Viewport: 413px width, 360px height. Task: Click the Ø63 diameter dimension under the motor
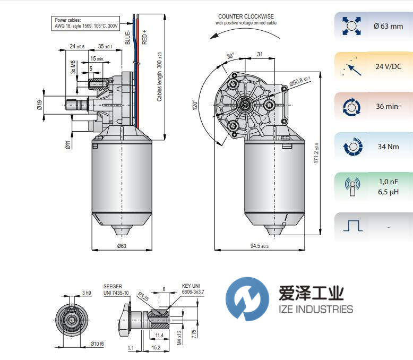click(x=122, y=245)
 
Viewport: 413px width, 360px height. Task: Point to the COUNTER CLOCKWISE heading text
click(x=246, y=16)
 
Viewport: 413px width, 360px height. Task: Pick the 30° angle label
click(x=230, y=56)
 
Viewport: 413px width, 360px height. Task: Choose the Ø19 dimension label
click(x=40, y=104)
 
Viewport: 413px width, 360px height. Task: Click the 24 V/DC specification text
click(x=389, y=67)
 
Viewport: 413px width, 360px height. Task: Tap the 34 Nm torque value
click(x=389, y=147)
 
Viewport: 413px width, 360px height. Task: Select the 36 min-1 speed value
click(x=389, y=106)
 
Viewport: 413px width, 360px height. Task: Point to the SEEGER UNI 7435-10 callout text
click(x=116, y=290)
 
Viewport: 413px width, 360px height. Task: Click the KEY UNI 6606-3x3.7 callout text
click(x=193, y=289)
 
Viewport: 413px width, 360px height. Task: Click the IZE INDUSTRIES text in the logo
click(x=315, y=309)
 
